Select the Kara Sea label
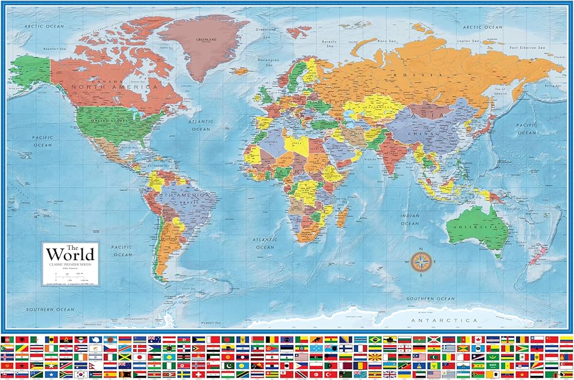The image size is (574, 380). (x=386, y=41)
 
